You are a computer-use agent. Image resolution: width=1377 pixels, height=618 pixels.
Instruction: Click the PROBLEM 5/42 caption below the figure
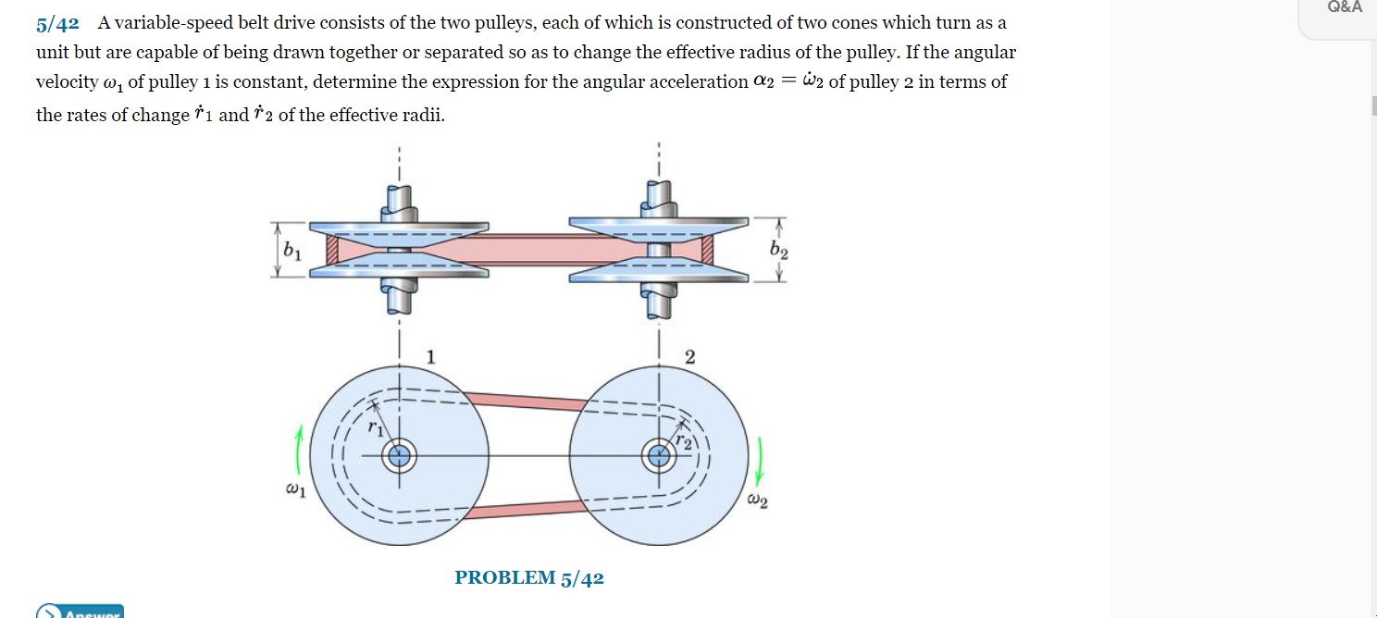528,578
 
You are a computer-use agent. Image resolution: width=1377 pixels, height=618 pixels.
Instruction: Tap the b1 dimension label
292,250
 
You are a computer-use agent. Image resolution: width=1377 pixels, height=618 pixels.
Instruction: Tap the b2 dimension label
779,251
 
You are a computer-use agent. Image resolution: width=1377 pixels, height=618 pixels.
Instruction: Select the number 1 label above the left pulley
430,357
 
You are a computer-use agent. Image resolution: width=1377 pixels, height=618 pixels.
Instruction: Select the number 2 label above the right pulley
689,357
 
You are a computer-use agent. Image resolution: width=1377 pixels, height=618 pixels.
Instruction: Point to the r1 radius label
375,427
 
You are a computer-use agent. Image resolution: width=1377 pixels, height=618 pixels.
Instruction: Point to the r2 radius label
683,442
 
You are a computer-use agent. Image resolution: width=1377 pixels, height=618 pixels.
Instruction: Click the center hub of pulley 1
400,455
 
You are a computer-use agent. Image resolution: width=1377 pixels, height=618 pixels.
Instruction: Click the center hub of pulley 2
659,455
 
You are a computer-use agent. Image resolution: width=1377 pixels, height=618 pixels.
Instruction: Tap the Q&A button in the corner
1344,7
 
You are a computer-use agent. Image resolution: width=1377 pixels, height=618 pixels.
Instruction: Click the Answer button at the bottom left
80,612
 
